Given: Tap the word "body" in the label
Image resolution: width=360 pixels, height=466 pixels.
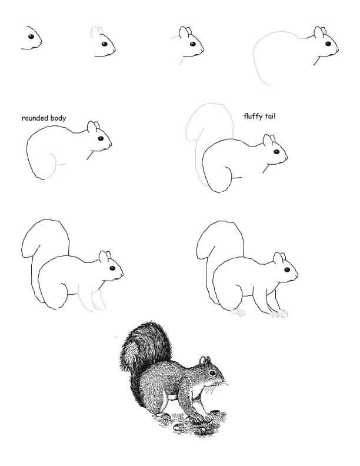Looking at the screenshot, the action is [58, 118].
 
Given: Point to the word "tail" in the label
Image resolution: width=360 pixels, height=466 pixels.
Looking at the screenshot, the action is [270, 115].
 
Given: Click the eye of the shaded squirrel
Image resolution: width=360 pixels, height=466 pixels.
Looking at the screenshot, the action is [212, 372].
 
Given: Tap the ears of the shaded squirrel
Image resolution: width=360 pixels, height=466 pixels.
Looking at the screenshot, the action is [205, 361].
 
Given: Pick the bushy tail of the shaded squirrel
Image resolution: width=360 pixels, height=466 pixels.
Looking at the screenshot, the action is [145, 357].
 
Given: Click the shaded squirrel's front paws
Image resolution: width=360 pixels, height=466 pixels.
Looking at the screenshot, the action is [202, 418].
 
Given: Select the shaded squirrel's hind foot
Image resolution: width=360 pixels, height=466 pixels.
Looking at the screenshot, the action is [163, 417].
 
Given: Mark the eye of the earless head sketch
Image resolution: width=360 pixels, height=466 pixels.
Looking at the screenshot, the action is [31, 36].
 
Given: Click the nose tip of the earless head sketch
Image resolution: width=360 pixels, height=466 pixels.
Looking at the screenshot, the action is [41, 42].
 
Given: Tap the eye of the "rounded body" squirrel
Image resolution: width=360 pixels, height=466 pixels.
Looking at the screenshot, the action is [101, 138].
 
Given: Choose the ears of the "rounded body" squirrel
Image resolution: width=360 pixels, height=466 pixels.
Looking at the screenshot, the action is [94, 127].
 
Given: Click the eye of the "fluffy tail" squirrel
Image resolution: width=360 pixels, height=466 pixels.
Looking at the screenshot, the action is [276, 152].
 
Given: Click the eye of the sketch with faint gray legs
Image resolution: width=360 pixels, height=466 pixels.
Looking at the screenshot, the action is [112, 268].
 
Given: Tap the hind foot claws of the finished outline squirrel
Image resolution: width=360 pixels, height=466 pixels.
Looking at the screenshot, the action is [238, 312].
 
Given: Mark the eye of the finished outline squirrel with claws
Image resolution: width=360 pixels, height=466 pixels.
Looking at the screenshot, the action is [287, 270].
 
